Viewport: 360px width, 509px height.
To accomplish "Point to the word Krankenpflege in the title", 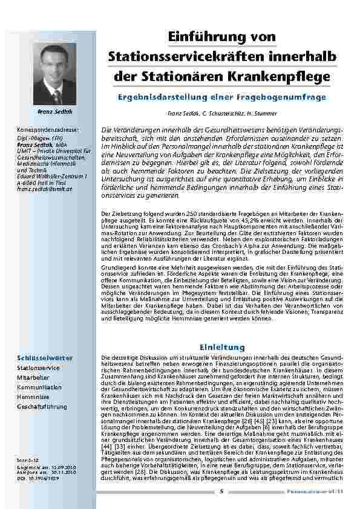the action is click(280, 77).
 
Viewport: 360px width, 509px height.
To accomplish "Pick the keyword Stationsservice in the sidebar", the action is click(39, 368).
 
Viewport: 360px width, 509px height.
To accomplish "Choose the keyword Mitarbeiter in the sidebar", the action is click(33, 377).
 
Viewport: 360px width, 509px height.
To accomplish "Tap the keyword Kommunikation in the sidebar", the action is click(39, 387).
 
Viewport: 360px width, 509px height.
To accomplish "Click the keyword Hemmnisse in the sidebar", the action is click(34, 397).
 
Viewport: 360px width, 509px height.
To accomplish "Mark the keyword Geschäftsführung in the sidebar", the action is click(42, 407).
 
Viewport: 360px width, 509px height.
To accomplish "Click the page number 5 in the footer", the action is click(221, 491).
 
